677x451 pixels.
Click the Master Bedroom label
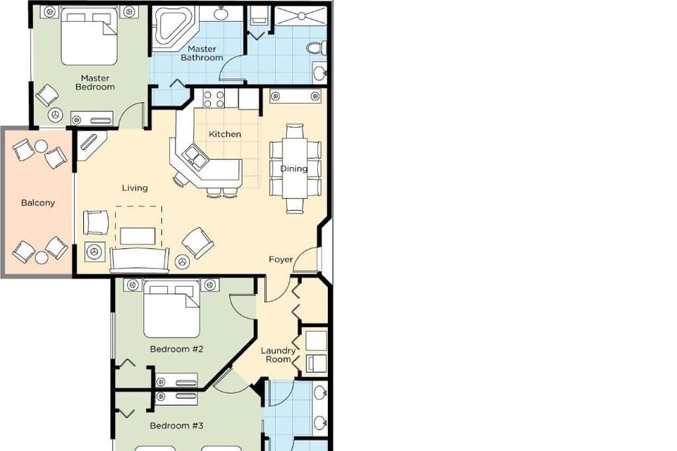(94, 82)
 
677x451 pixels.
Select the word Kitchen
(225, 134)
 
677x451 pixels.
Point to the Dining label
(294, 168)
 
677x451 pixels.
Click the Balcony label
(38, 203)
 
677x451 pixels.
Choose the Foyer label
(281, 259)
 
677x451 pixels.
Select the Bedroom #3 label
(176, 426)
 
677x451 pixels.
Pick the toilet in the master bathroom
(317, 48)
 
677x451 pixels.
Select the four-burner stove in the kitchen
(214, 98)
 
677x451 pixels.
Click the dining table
(295, 168)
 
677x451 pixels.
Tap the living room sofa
(139, 261)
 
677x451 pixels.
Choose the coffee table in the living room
(138, 235)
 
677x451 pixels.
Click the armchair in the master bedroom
(47, 94)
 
